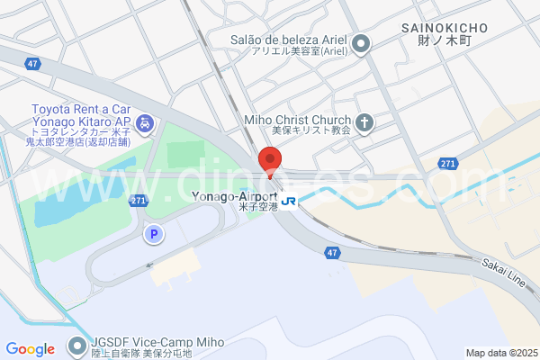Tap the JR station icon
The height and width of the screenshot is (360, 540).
(288, 201)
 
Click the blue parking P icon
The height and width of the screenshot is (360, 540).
(154, 234)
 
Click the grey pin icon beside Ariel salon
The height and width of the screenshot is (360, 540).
(362, 42)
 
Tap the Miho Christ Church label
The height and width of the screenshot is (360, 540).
(298, 120)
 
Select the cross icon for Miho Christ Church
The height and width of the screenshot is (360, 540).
(364, 122)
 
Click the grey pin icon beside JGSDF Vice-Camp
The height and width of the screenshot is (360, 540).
(77, 346)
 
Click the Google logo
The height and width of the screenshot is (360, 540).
(30, 349)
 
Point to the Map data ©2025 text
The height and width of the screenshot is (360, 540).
(501, 353)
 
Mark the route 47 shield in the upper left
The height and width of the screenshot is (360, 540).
(33, 64)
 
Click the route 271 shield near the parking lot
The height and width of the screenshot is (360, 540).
(136, 201)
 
